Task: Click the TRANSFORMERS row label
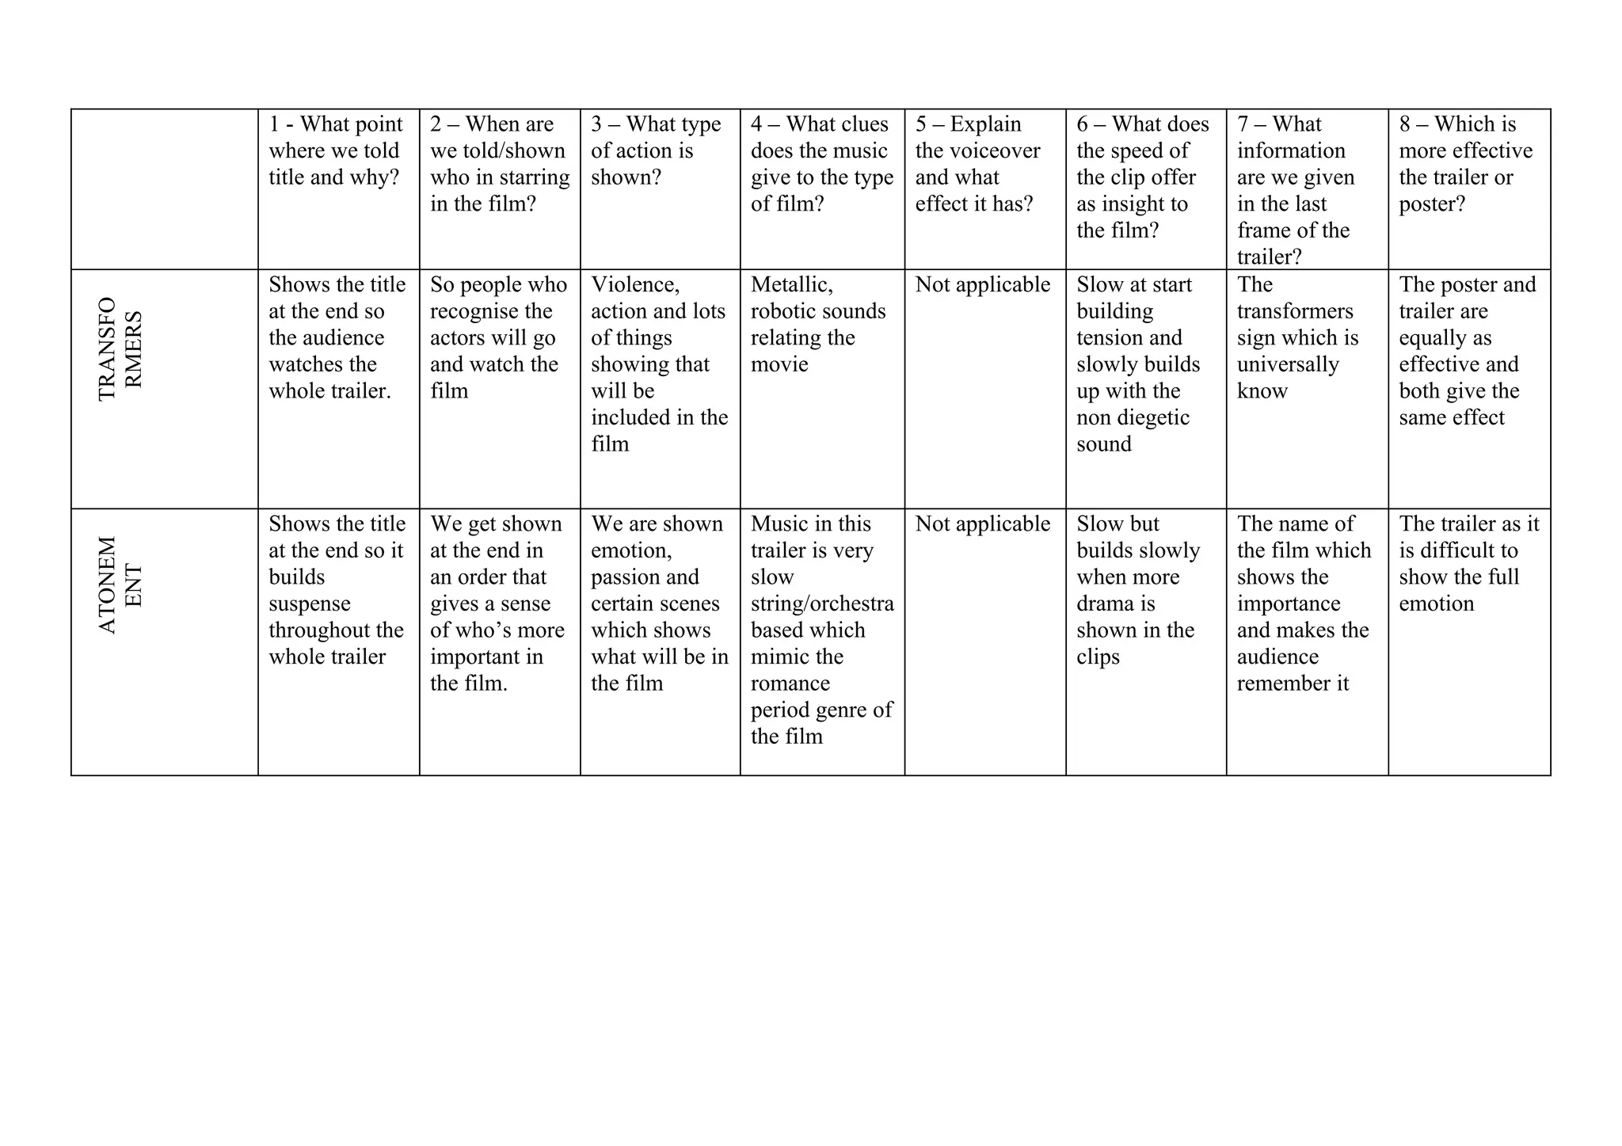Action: coord(120,349)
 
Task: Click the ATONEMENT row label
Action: coord(120,585)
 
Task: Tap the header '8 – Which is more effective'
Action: coord(1465,164)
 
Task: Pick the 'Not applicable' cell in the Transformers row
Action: coord(982,285)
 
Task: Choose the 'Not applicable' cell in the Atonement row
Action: coord(982,524)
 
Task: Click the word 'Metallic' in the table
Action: coord(791,285)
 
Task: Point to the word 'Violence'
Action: coord(635,285)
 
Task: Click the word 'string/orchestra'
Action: coord(822,603)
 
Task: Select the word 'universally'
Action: coord(1288,364)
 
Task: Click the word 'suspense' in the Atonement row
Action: coord(309,603)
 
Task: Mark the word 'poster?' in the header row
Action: coord(1432,204)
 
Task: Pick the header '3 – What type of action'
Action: coord(655,150)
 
